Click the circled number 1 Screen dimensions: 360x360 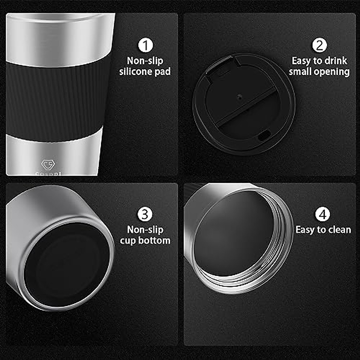[145, 45]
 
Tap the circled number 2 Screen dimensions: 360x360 [319, 45]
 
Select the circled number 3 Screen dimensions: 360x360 [145, 214]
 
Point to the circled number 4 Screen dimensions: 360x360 [323, 214]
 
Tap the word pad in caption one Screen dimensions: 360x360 [163, 72]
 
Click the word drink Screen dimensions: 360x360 [335, 61]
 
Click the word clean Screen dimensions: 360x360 [340, 230]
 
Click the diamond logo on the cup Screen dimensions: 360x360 [47, 165]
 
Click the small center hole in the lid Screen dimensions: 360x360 [239, 97]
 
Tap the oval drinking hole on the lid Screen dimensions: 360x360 [263, 136]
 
